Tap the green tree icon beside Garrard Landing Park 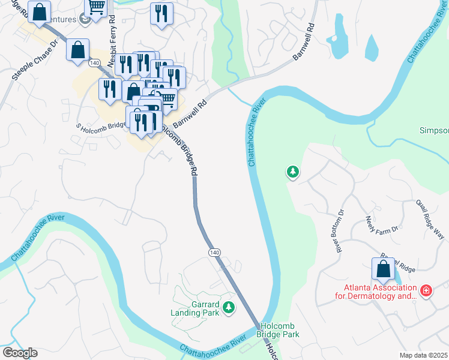pos(228,308)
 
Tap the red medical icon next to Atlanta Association pos(426,291)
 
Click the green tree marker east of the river pos(292,173)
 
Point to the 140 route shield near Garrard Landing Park pos(214,253)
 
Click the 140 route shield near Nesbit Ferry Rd pos(94,62)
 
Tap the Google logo pos(19,353)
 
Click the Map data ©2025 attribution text pos(423,355)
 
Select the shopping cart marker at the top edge pos(96,7)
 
